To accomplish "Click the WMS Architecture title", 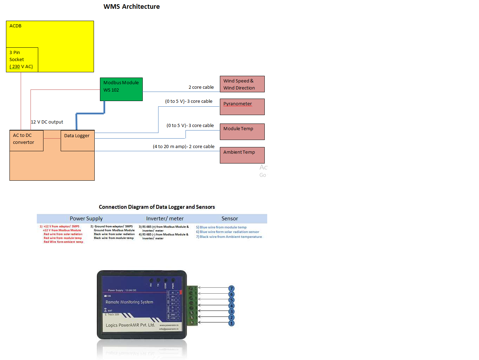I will point(131,7).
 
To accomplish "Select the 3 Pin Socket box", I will point(22,60).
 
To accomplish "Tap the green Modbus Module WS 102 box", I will point(121,89).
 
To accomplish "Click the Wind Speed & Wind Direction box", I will point(242,84).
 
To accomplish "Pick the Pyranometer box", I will point(242,107).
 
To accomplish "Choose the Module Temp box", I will point(242,132).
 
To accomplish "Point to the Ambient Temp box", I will point(242,155).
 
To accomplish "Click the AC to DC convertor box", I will point(26,140).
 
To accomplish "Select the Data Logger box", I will point(77,140).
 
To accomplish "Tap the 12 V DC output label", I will point(47,122).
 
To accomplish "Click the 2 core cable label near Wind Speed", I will point(201,87).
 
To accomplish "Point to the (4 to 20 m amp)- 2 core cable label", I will point(183,147).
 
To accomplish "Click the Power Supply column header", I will point(86,219).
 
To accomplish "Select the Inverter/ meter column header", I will point(165,219).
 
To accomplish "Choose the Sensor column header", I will point(230,219).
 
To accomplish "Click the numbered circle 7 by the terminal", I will point(231,288).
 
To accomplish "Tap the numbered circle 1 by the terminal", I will point(231,323).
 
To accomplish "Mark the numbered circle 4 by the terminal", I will point(231,306).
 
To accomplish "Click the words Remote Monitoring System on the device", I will point(129,302).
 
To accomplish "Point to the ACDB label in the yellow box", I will point(15,26).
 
